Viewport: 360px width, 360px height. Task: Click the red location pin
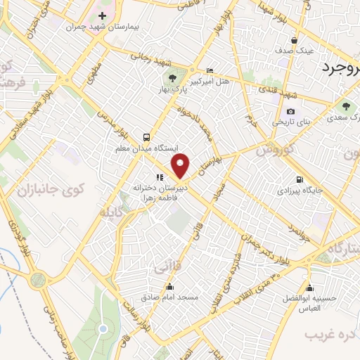pyautogui.click(x=181, y=166)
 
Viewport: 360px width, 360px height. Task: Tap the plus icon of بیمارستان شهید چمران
pyautogui.click(x=103, y=15)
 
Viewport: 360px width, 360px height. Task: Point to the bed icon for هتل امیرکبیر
pyautogui.click(x=210, y=71)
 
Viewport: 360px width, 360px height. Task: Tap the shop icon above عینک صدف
pyautogui.click(x=293, y=40)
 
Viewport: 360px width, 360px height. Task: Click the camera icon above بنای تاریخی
pyautogui.click(x=290, y=112)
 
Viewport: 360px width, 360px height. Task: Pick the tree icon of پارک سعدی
pyautogui.click(x=345, y=106)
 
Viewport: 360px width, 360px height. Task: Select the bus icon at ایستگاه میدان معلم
pyautogui.click(x=146, y=137)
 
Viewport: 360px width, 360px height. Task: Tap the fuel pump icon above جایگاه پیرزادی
pyautogui.click(x=300, y=179)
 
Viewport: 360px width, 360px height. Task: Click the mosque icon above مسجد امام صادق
pyautogui.click(x=169, y=286)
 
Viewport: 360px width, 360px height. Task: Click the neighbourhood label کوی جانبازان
pyautogui.click(x=50, y=188)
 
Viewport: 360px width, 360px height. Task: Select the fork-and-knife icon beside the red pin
pyautogui.click(x=160, y=177)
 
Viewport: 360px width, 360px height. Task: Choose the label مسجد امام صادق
pyautogui.click(x=170, y=297)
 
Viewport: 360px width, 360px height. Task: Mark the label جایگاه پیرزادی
pyautogui.click(x=300, y=191)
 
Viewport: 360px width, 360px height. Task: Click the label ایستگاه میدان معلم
pyautogui.click(x=146, y=149)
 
